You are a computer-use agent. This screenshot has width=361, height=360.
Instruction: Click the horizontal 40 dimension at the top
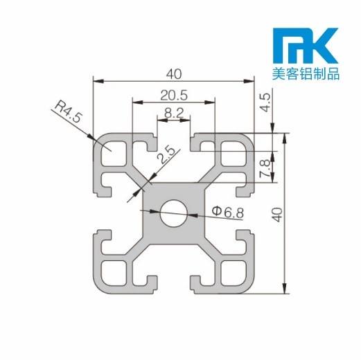click(x=173, y=72)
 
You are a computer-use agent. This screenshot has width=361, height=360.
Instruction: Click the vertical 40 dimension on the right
click(x=276, y=213)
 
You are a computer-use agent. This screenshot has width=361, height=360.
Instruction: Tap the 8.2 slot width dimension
click(x=174, y=111)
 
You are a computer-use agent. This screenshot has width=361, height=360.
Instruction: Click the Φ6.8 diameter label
click(x=227, y=211)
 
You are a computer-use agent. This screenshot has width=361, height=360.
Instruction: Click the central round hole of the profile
click(x=173, y=212)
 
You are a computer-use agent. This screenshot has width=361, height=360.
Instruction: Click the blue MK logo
click(x=305, y=45)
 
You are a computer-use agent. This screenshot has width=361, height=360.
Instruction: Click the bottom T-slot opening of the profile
click(x=173, y=285)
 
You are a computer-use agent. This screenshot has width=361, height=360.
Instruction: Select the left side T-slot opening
click(x=100, y=212)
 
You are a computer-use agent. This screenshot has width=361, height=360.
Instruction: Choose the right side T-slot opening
click(x=245, y=212)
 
